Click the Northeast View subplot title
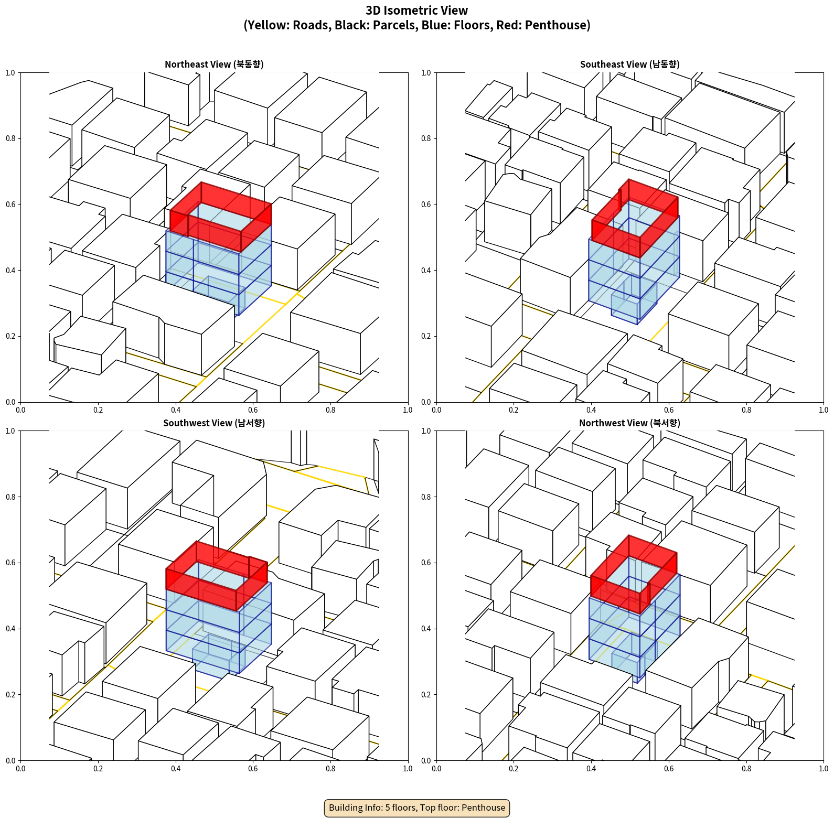pos(214,64)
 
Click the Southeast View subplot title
pos(629,64)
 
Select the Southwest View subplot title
pos(214,423)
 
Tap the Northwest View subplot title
pos(629,423)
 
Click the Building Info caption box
pos(417,808)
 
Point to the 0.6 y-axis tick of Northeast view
pos(10,204)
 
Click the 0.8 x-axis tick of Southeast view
pos(746,410)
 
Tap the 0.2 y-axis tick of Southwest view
pos(10,695)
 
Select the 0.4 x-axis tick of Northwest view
pos(591,769)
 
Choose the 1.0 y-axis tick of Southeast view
pos(426,72)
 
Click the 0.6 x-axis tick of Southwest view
pos(253,769)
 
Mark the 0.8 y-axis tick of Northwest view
pos(426,497)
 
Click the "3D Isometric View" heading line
pos(417,10)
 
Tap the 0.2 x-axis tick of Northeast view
pos(98,410)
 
